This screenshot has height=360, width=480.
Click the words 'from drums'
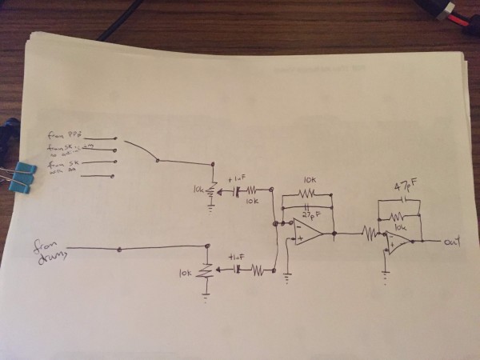point(50,250)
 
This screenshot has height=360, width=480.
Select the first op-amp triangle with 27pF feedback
point(307,232)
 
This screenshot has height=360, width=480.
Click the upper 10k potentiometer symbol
point(211,193)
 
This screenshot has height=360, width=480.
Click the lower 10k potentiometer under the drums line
point(206,273)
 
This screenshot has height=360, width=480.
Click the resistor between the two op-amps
point(370,234)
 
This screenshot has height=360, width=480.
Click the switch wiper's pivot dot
point(158,161)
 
